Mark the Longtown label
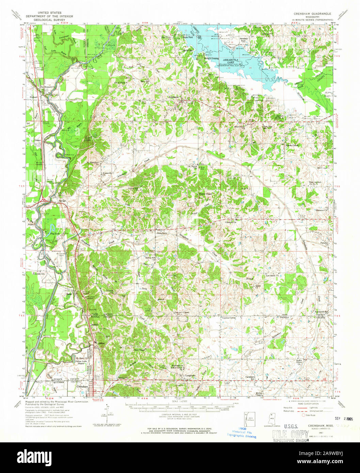pyautogui.click(x=190, y=376)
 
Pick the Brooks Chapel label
pyautogui.click(x=292, y=145)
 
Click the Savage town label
pyautogui.click(x=62, y=201)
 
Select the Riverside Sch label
pyautogui.click(x=38, y=274)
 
